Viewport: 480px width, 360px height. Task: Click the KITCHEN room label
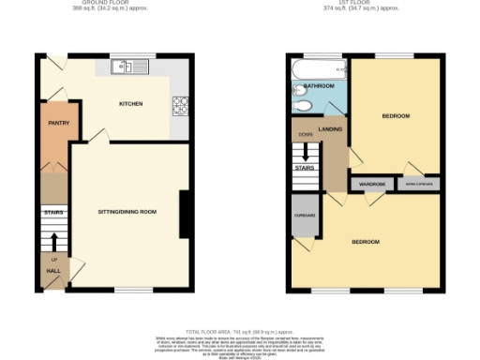130,103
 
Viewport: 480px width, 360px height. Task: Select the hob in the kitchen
178,106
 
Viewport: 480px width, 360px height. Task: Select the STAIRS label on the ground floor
52,213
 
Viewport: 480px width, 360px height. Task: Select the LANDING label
329,129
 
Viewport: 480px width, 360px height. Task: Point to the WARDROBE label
370,185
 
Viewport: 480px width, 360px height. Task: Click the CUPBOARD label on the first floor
305,217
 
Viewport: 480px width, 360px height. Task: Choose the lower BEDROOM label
365,242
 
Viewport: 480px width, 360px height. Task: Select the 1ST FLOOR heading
361,3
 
